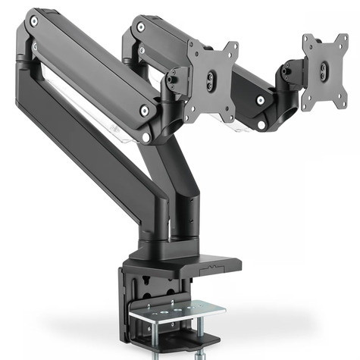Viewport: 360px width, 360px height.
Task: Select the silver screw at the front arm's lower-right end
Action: (x=144, y=111)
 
